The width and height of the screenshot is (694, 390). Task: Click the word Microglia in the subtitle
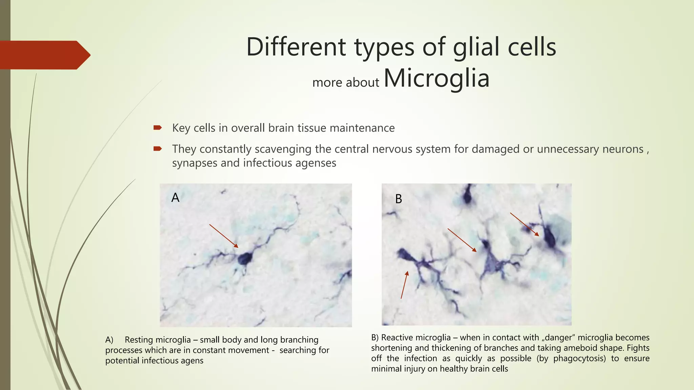tap(436, 78)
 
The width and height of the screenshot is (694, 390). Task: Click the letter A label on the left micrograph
tap(175, 197)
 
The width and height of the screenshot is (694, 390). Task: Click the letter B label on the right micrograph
tap(399, 199)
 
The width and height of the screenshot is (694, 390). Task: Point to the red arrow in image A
tap(224, 236)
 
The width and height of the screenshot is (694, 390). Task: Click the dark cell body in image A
tap(245, 258)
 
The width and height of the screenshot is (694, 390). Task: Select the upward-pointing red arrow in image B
tap(404, 284)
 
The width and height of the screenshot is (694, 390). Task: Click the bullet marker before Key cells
tap(158, 128)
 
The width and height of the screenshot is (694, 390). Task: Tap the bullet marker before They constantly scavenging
tap(158, 149)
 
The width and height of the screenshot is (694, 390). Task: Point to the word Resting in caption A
tap(139, 340)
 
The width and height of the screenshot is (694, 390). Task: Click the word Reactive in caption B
tap(397, 338)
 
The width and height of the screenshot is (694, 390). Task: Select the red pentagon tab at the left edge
tap(44, 55)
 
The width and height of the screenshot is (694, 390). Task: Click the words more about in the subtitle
tap(345, 82)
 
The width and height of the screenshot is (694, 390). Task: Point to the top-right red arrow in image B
tap(524, 224)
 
